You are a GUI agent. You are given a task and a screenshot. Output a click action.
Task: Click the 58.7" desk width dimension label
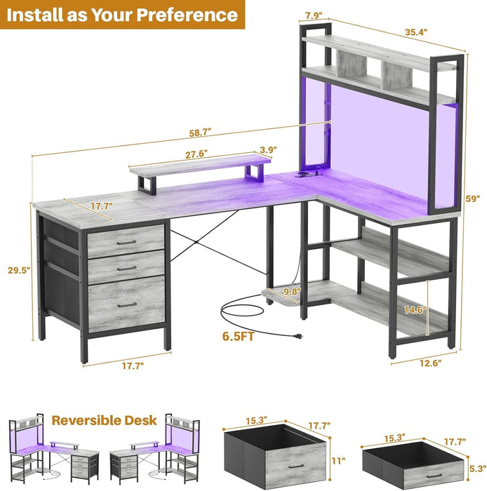point(200,133)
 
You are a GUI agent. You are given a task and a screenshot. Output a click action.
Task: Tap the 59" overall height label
point(473,199)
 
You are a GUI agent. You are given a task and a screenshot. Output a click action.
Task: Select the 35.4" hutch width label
point(416,32)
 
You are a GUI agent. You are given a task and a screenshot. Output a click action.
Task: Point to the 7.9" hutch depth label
point(314,15)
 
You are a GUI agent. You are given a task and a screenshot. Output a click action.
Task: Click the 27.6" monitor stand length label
point(196,154)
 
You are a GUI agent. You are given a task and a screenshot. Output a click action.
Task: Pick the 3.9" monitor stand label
point(268,149)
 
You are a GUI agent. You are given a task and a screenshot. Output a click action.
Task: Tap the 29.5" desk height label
point(19,270)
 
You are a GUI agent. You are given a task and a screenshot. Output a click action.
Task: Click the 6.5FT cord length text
point(239,336)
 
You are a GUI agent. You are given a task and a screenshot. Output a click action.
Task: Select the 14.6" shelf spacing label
point(415,310)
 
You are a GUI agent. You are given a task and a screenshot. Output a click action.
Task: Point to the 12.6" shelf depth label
point(430,363)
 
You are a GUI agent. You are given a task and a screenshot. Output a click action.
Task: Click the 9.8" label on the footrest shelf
point(292,292)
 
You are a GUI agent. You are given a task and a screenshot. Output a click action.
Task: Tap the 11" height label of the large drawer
point(338,461)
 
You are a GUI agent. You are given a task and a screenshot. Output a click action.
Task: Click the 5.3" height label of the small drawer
point(479,469)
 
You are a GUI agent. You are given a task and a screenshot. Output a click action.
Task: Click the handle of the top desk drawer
point(126,243)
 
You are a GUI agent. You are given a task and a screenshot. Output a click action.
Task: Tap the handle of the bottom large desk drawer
point(127,304)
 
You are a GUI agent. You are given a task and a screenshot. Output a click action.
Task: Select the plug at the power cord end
point(298,337)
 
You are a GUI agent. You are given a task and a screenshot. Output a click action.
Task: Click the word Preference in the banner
point(187,15)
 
